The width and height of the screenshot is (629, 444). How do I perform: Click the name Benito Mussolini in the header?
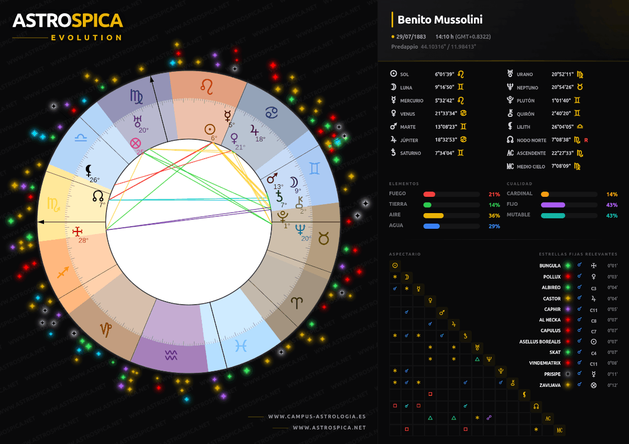440,20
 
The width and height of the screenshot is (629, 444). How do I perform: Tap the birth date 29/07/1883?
411,37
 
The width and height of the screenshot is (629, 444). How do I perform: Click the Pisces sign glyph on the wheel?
241,345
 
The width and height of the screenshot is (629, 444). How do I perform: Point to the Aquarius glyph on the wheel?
171,355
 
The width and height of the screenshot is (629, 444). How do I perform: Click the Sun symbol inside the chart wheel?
210,129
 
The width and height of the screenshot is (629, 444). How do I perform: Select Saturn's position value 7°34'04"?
444,153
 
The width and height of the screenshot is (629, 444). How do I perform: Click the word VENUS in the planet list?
407,114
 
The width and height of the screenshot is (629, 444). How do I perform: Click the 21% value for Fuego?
494,194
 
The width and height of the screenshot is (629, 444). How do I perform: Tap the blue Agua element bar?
431,226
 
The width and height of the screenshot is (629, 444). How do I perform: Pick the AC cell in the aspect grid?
548,418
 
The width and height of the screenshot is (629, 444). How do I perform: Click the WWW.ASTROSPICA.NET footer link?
329,428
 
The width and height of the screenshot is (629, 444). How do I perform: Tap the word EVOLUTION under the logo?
86,38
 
